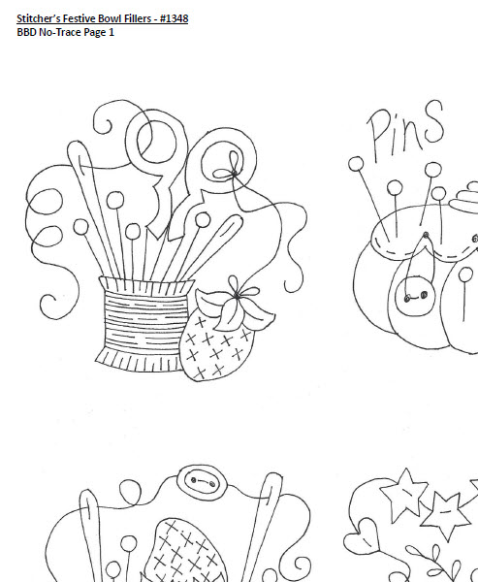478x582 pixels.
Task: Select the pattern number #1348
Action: point(175,18)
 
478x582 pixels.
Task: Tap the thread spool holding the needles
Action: point(144,324)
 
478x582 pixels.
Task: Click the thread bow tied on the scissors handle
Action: point(231,169)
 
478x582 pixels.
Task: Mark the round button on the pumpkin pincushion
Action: point(415,296)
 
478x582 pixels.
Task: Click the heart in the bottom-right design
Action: point(362,536)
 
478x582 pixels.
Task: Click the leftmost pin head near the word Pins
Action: point(356,164)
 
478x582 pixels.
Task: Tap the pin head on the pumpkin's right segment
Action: point(465,275)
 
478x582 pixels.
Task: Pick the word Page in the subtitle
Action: point(95,33)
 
